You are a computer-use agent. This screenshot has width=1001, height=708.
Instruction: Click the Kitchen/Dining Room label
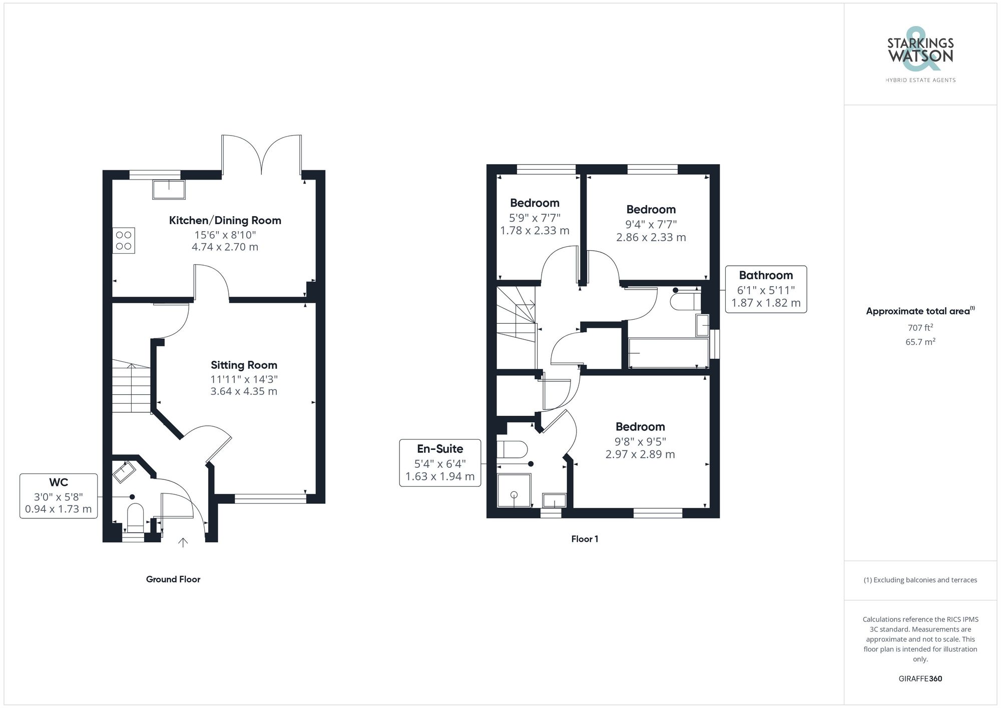[x=225, y=221]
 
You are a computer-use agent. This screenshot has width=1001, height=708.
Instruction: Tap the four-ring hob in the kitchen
[x=124, y=240]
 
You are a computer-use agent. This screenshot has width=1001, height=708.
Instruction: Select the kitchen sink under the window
[x=169, y=189]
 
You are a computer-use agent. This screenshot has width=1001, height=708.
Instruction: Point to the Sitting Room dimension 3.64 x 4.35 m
[x=244, y=391]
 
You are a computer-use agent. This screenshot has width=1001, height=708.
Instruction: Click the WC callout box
[x=59, y=496]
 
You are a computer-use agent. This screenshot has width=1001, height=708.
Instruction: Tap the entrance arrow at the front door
[x=183, y=542]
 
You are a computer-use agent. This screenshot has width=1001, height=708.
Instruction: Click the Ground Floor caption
[x=173, y=579]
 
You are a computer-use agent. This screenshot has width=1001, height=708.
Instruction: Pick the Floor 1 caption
[x=585, y=539]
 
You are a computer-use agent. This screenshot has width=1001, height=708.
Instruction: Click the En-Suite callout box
[x=440, y=463]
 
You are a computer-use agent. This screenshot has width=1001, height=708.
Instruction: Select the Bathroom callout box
[x=766, y=289]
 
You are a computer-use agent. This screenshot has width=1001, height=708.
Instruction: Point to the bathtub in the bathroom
[x=668, y=353]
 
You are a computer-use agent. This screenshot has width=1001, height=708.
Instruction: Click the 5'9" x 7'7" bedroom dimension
[x=535, y=218]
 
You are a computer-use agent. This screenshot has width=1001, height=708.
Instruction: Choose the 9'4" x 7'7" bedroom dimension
[x=651, y=225]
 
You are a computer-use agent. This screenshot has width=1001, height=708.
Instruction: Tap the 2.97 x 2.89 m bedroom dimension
[x=640, y=454]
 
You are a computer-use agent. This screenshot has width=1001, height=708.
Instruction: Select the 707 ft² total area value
[x=920, y=328]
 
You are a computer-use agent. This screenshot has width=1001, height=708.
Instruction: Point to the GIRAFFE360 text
[x=920, y=679]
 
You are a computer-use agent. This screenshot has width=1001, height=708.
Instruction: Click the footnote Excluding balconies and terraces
[x=920, y=580]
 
